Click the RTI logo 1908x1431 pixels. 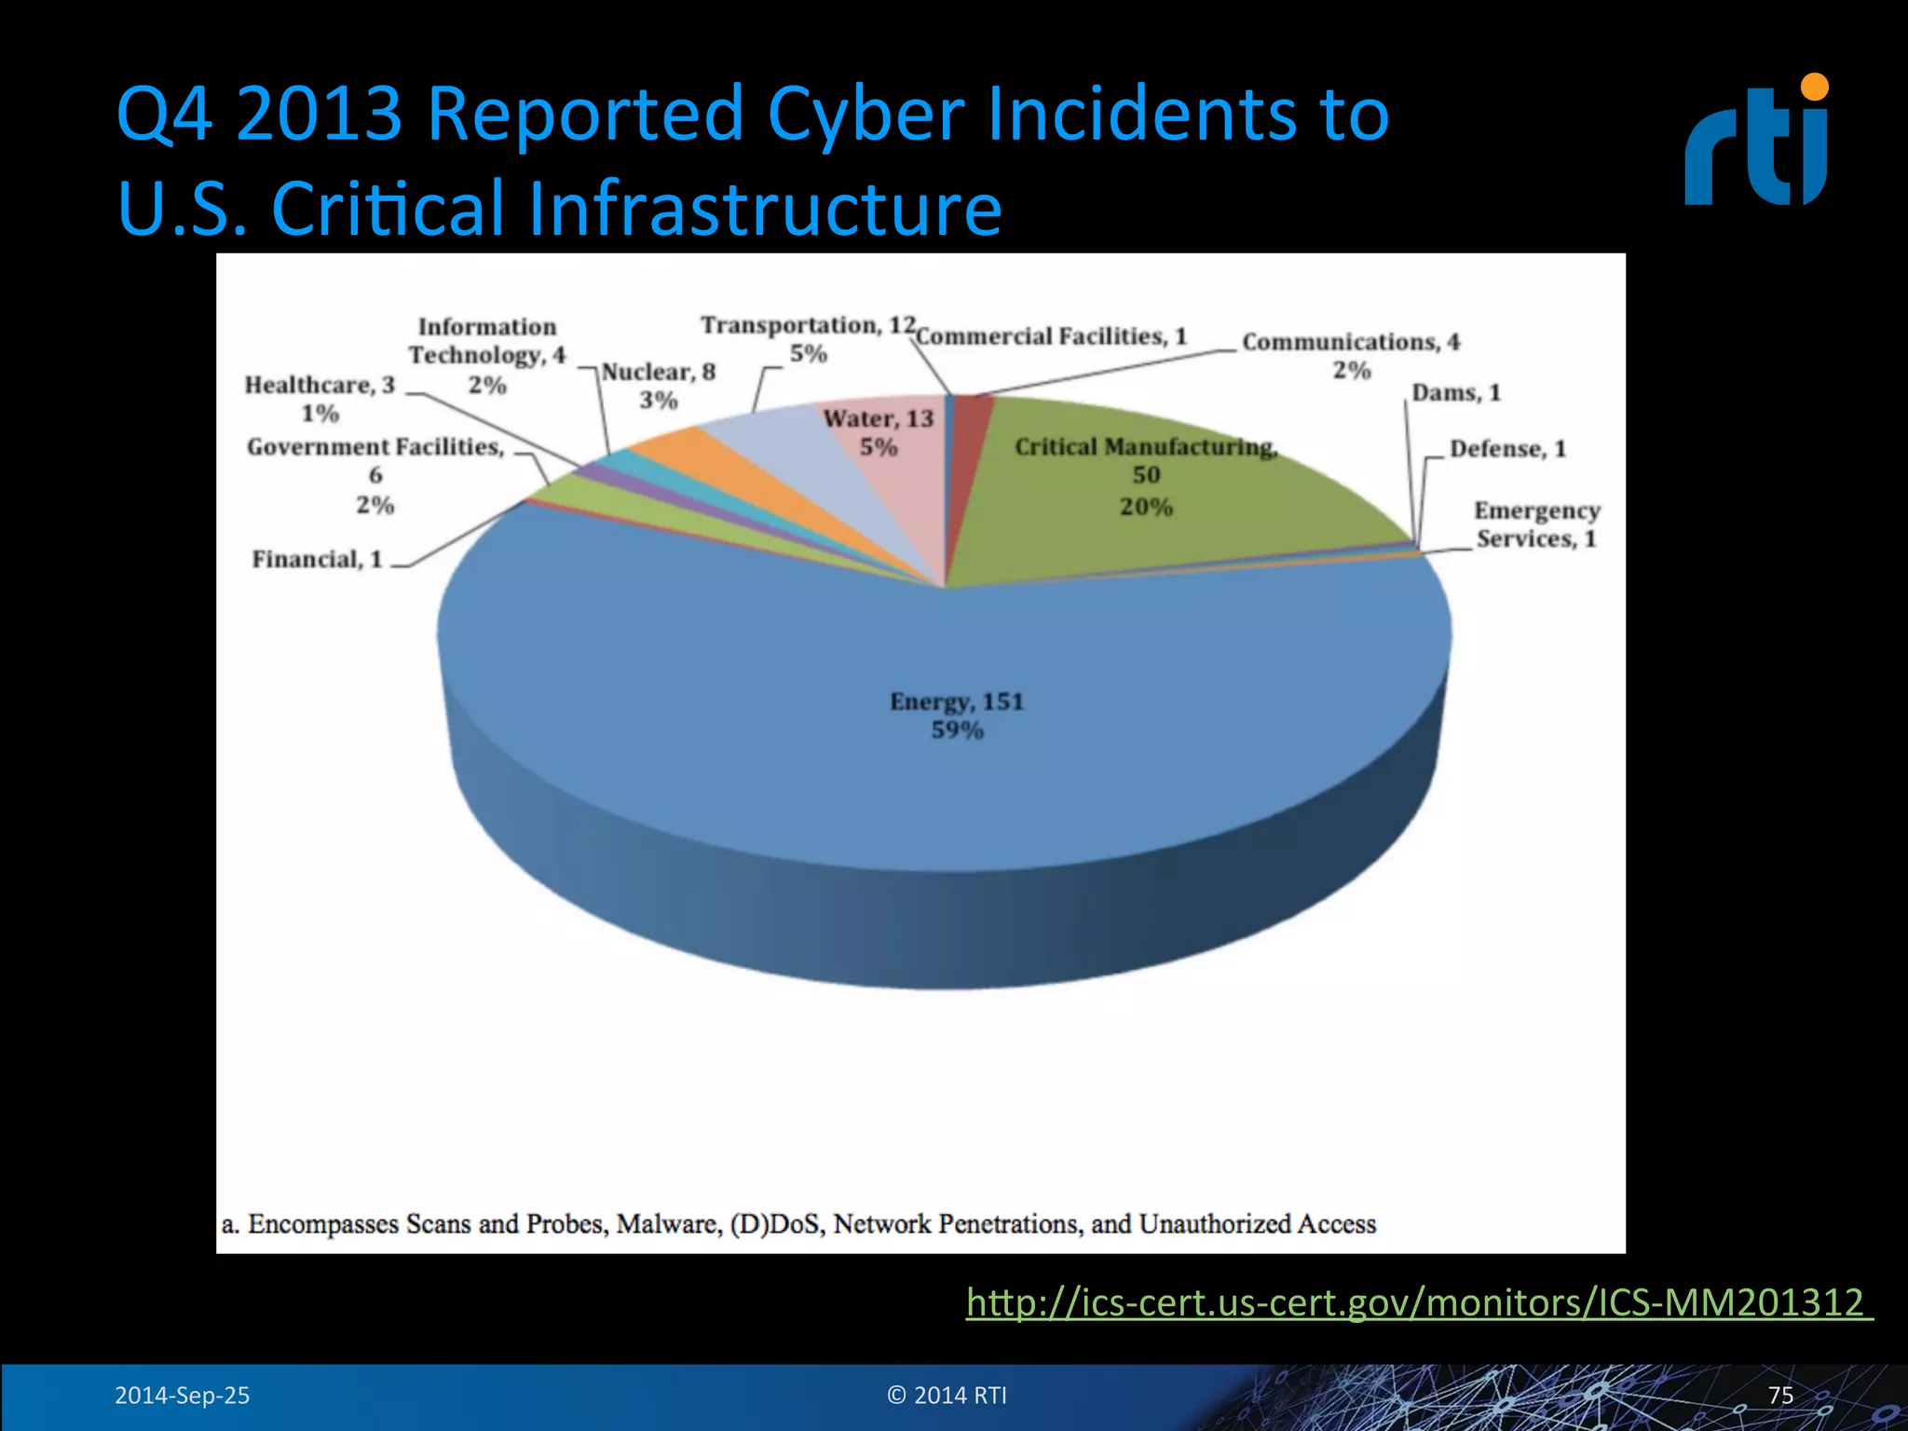(1756, 142)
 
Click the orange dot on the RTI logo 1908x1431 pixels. (1814, 87)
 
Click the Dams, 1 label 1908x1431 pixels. (1456, 392)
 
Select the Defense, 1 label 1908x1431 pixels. (1507, 449)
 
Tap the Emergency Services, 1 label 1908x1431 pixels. (1536, 525)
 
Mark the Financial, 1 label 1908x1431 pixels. (317, 559)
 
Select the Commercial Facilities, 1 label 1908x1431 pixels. (1052, 336)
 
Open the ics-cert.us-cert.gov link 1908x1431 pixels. (1418, 1302)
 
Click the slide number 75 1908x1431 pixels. (1780, 1395)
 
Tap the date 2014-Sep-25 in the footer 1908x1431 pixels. (183, 1395)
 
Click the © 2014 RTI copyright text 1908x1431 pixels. (947, 1395)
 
